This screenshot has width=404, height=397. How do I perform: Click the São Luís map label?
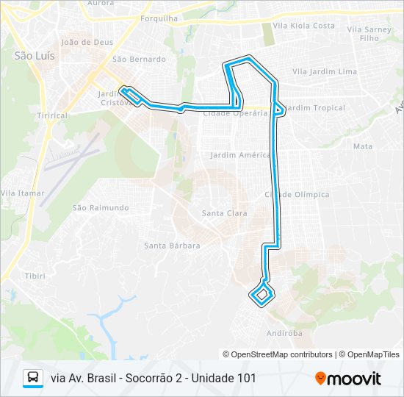(x=29, y=55)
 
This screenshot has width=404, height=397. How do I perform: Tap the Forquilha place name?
(x=159, y=18)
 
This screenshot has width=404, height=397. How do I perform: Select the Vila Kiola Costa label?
(x=303, y=26)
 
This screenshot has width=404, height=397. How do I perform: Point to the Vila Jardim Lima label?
(x=324, y=72)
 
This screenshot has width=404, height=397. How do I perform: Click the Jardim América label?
(x=240, y=155)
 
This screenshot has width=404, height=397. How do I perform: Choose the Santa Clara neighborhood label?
(x=224, y=213)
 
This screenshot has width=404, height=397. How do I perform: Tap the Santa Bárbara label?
(x=172, y=246)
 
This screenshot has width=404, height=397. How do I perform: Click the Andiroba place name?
(x=285, y=333)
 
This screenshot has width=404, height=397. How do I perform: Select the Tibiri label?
(x=35, y=276)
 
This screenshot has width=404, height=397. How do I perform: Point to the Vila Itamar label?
(x=23, y=193)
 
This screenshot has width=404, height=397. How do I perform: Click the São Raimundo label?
(x=101, y=208)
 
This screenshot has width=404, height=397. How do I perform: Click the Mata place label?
(x=363, y=146)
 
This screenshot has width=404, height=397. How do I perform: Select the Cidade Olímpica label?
(x=297, y=195)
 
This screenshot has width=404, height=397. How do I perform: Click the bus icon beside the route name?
(x=33, y=378)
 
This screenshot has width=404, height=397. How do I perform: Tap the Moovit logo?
(x=348, y=379)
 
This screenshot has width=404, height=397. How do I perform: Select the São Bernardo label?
(x=139, y=59)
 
